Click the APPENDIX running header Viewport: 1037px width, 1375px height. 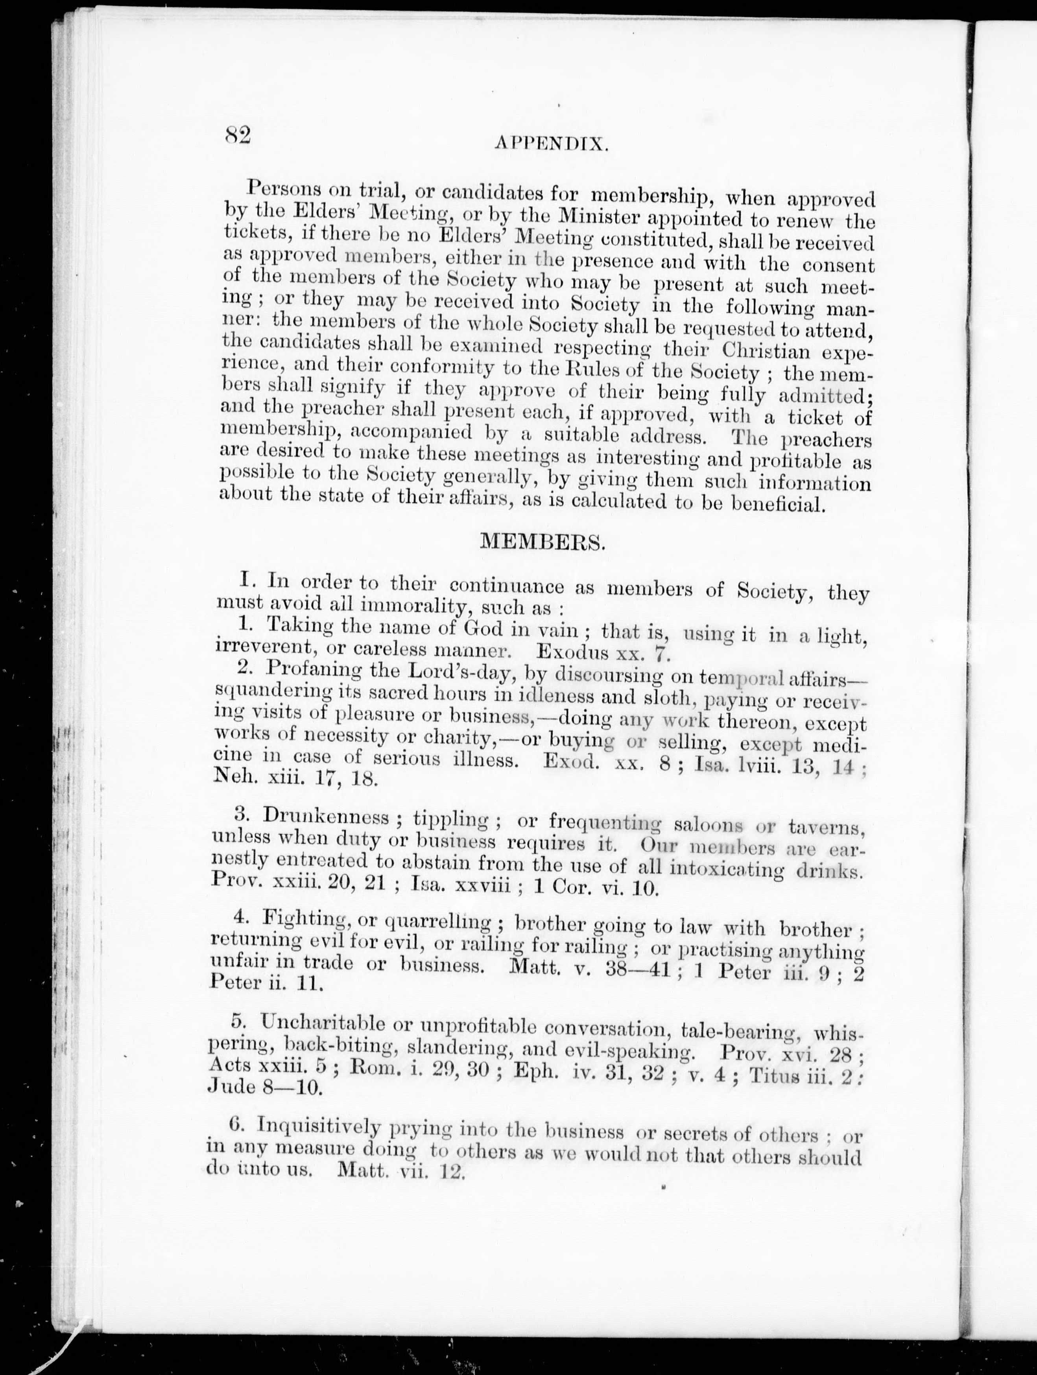tap(551, 144)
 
